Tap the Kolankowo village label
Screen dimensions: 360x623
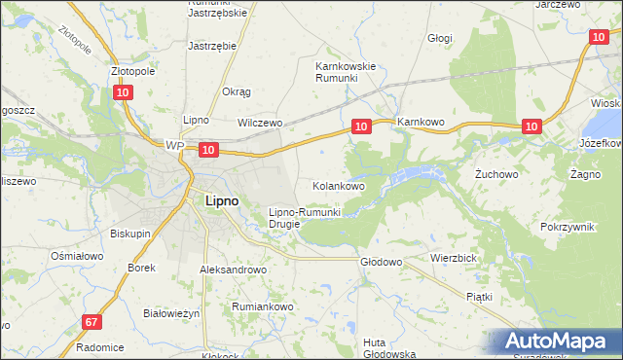tap(338, 185)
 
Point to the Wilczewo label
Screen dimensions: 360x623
tap(260, 124)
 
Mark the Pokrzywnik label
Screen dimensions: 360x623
tap(568, 226)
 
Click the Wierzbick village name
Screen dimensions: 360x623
tap(451, 259)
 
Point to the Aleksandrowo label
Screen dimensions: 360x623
tap(233, 270)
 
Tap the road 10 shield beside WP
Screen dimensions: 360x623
tap(207, 149)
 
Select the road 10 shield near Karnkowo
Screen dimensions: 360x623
tap(361, 126)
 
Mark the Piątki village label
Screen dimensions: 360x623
tap(479, 296)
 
